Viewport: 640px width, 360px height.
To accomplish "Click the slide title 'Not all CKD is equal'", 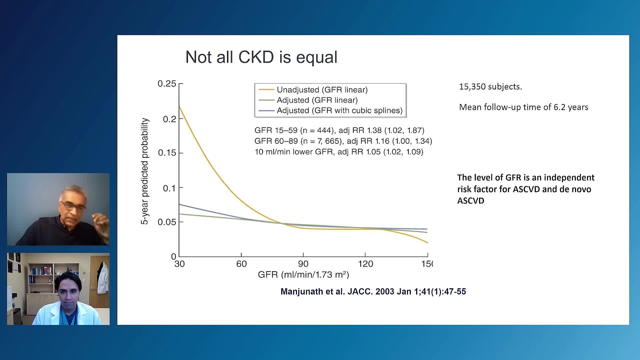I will [x=261, y=57].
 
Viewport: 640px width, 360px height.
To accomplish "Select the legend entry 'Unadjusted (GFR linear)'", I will [x=322, y=90].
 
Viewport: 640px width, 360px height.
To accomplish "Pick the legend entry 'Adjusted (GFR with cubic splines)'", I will [x=339, y=110].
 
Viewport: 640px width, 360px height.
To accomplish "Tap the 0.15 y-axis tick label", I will [x=167, y=153].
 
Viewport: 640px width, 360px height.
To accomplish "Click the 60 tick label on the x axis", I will [x=241, y=264].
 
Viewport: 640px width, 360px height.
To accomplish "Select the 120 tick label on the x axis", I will [x=365, y=264].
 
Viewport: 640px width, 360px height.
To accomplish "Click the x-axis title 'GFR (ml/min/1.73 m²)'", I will [x=303, y=275].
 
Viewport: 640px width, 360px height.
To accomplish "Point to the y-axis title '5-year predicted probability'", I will [x=145, y=171].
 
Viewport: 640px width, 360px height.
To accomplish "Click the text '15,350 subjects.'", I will [x=490, y=87].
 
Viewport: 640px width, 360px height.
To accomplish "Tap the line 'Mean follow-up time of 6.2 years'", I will [x=523, y=107].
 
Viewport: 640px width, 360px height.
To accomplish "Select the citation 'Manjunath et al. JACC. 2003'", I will [x=373, y=292].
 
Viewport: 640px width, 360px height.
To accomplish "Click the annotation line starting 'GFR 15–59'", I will [x=339, y=130].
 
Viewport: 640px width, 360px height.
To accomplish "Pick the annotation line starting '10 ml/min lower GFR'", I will [x=339, y=152].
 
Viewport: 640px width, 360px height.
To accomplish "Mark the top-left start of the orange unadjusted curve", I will [x=179, y=107].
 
